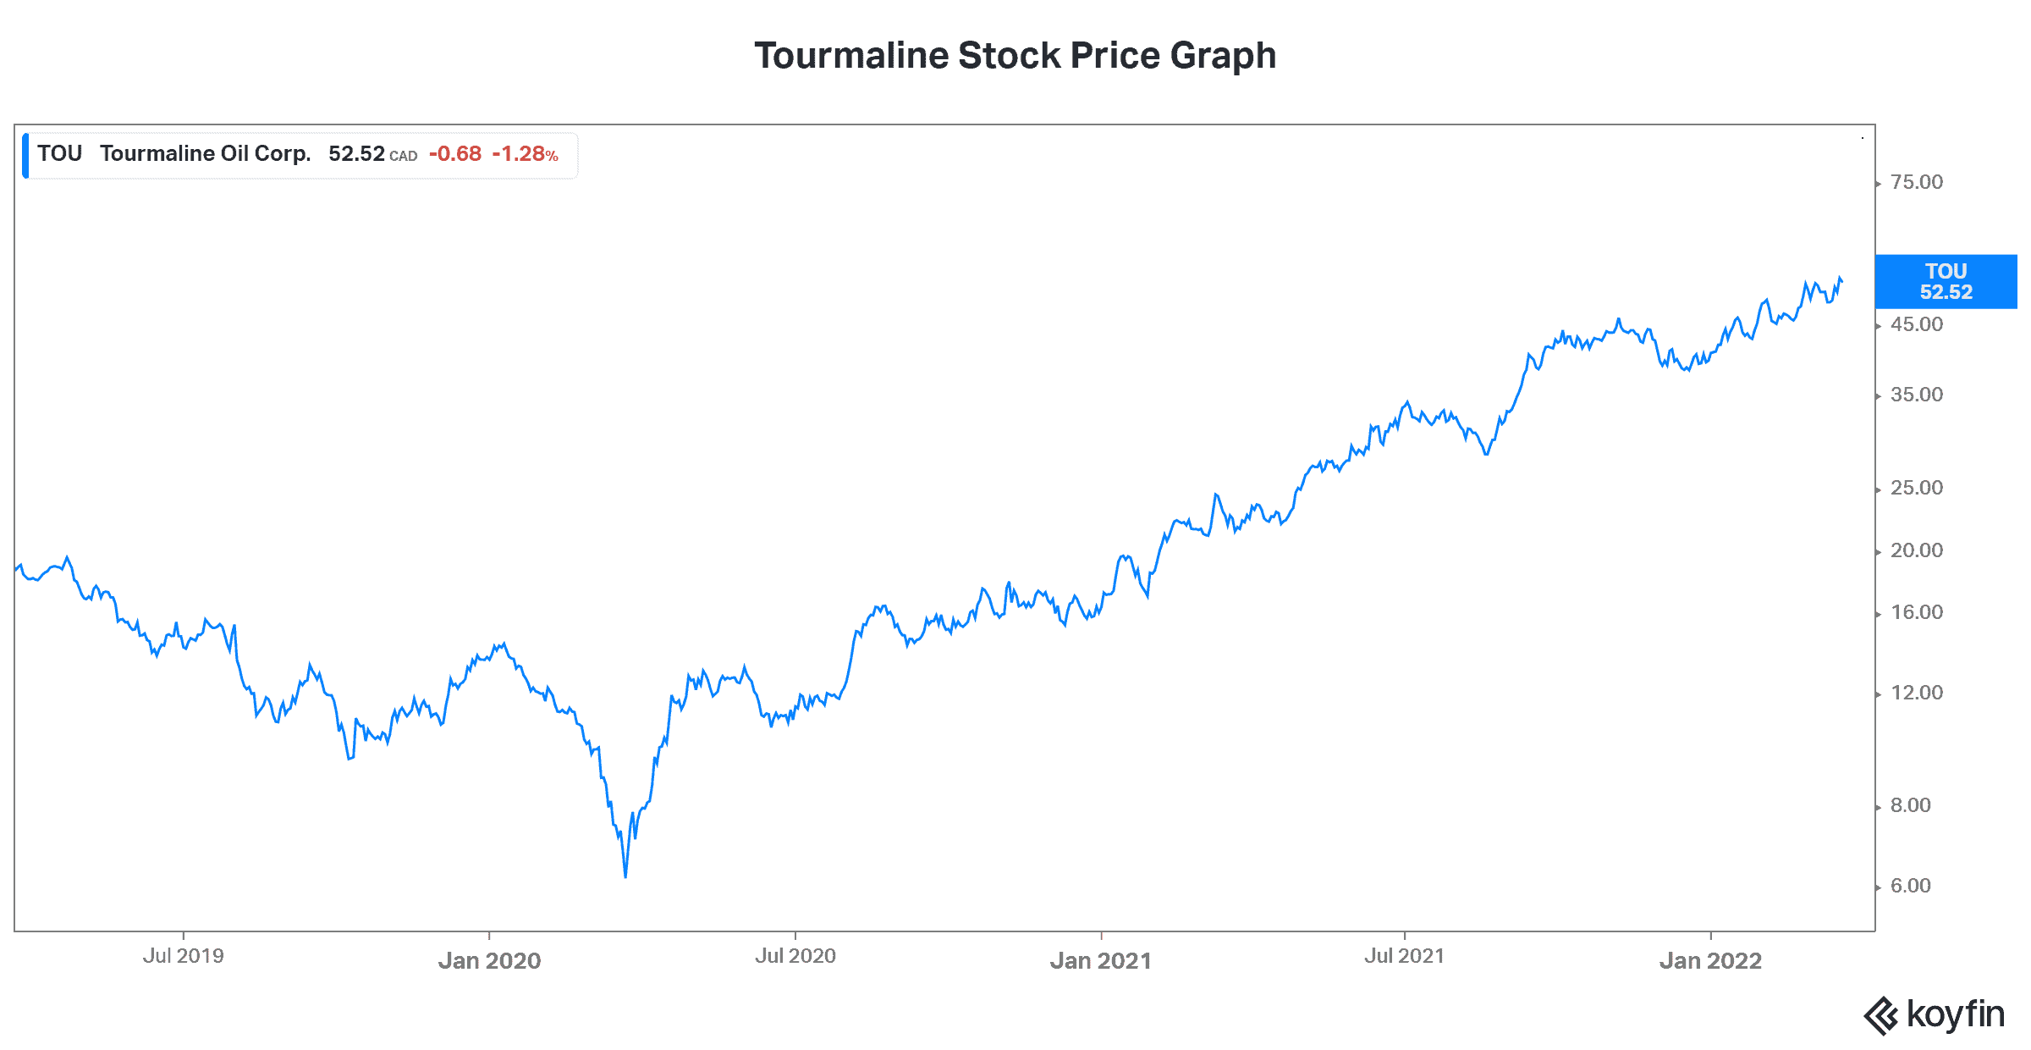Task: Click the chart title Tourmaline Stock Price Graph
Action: tap(1015, 56)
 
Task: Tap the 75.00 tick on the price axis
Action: tap(1916, 182)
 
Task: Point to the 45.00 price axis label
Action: tap(1916, 324)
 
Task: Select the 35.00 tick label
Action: tap(1916, 395)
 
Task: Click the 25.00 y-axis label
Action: tap(1916, 488)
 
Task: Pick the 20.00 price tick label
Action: tap(1916, 550)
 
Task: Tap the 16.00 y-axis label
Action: tap(1916, 612)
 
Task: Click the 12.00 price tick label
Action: tap(1916, 693)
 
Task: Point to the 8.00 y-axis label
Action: tap(1910, 805)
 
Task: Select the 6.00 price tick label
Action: tap(1910, 886)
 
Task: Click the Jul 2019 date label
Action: tap(183, 956)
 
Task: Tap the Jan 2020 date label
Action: tap(489, 960)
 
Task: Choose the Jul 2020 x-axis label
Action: tap(795, 956)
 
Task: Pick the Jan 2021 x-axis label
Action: tap(1100, 960)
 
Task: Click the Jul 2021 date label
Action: tap(1404, 956)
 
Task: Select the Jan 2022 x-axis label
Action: tap(1710, 960)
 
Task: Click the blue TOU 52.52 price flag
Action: tap(1946, 281)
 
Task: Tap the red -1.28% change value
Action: tap(525, 154)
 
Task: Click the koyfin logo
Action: tap(1934, 1014)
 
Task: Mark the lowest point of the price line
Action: tap(625, 876)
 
